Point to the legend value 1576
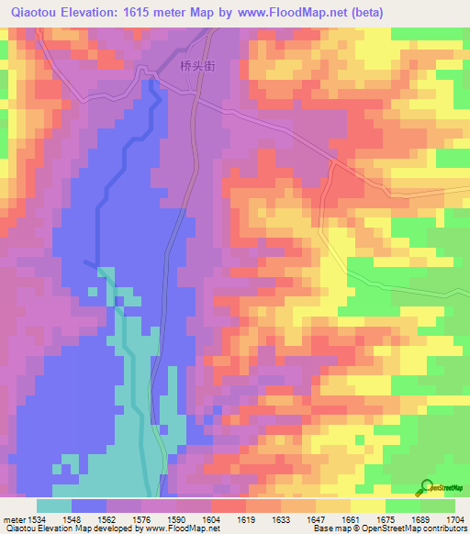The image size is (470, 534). pyautogui.click(x=142, y=518)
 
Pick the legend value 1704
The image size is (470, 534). pyautogui.click(x=455, y=518)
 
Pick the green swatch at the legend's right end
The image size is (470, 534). pyautogui.click(x=437, y=506)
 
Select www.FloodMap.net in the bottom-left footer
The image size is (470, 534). pyautogui.click(x=169, y=528)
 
